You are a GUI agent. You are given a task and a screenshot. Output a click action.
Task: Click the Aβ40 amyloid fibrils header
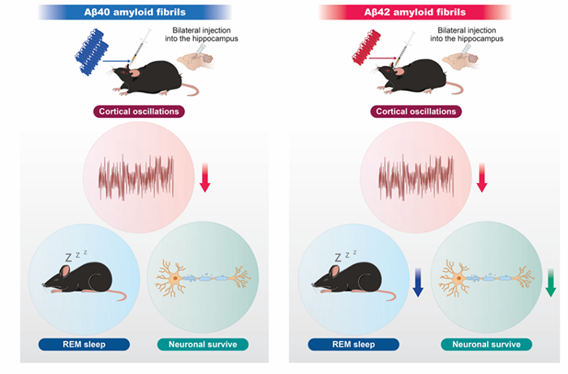click(x=135, y=11)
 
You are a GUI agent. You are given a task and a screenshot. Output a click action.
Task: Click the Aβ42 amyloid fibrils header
click(x=415, y=11)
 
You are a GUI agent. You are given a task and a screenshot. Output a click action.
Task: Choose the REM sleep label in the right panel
click(x=353, y=344)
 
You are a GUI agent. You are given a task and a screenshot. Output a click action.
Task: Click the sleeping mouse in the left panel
click(x=77, y=280)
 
